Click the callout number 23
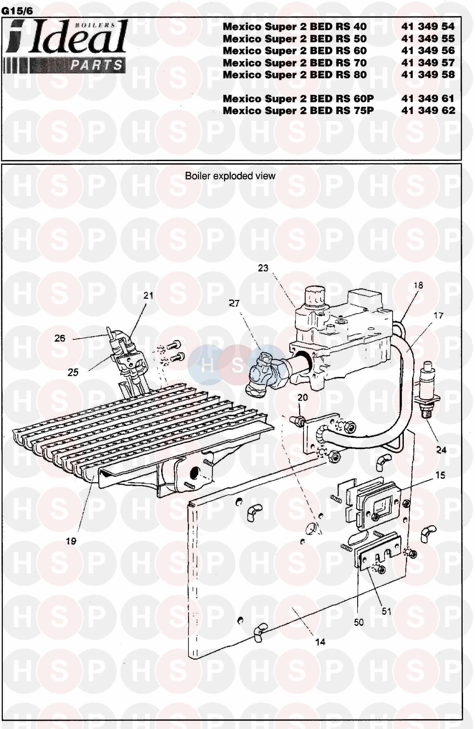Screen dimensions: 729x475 click(263, 268)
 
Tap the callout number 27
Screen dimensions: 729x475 click(234, 303)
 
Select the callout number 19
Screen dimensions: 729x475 click(71, 541)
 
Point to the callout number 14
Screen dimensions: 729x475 click(320, 642)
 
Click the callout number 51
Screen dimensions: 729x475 click(386, 611)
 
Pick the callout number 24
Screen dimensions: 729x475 click(441, 450)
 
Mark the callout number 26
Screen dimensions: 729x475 click(60, 338)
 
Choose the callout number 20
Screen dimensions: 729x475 click(303, 397)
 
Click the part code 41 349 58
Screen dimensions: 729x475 click(428, 75)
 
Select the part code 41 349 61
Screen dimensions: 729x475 click(428, 99)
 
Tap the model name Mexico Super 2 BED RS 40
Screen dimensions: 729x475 click(294, 27)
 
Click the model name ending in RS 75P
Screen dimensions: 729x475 click(298, 111)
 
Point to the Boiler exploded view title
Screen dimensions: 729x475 click(230, 176)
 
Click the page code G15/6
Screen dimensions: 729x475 click(17, 11)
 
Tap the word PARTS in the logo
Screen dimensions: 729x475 click(96, 65)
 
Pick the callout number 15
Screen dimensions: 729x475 click(440, 475)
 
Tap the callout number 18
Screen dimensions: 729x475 click(418, 285)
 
